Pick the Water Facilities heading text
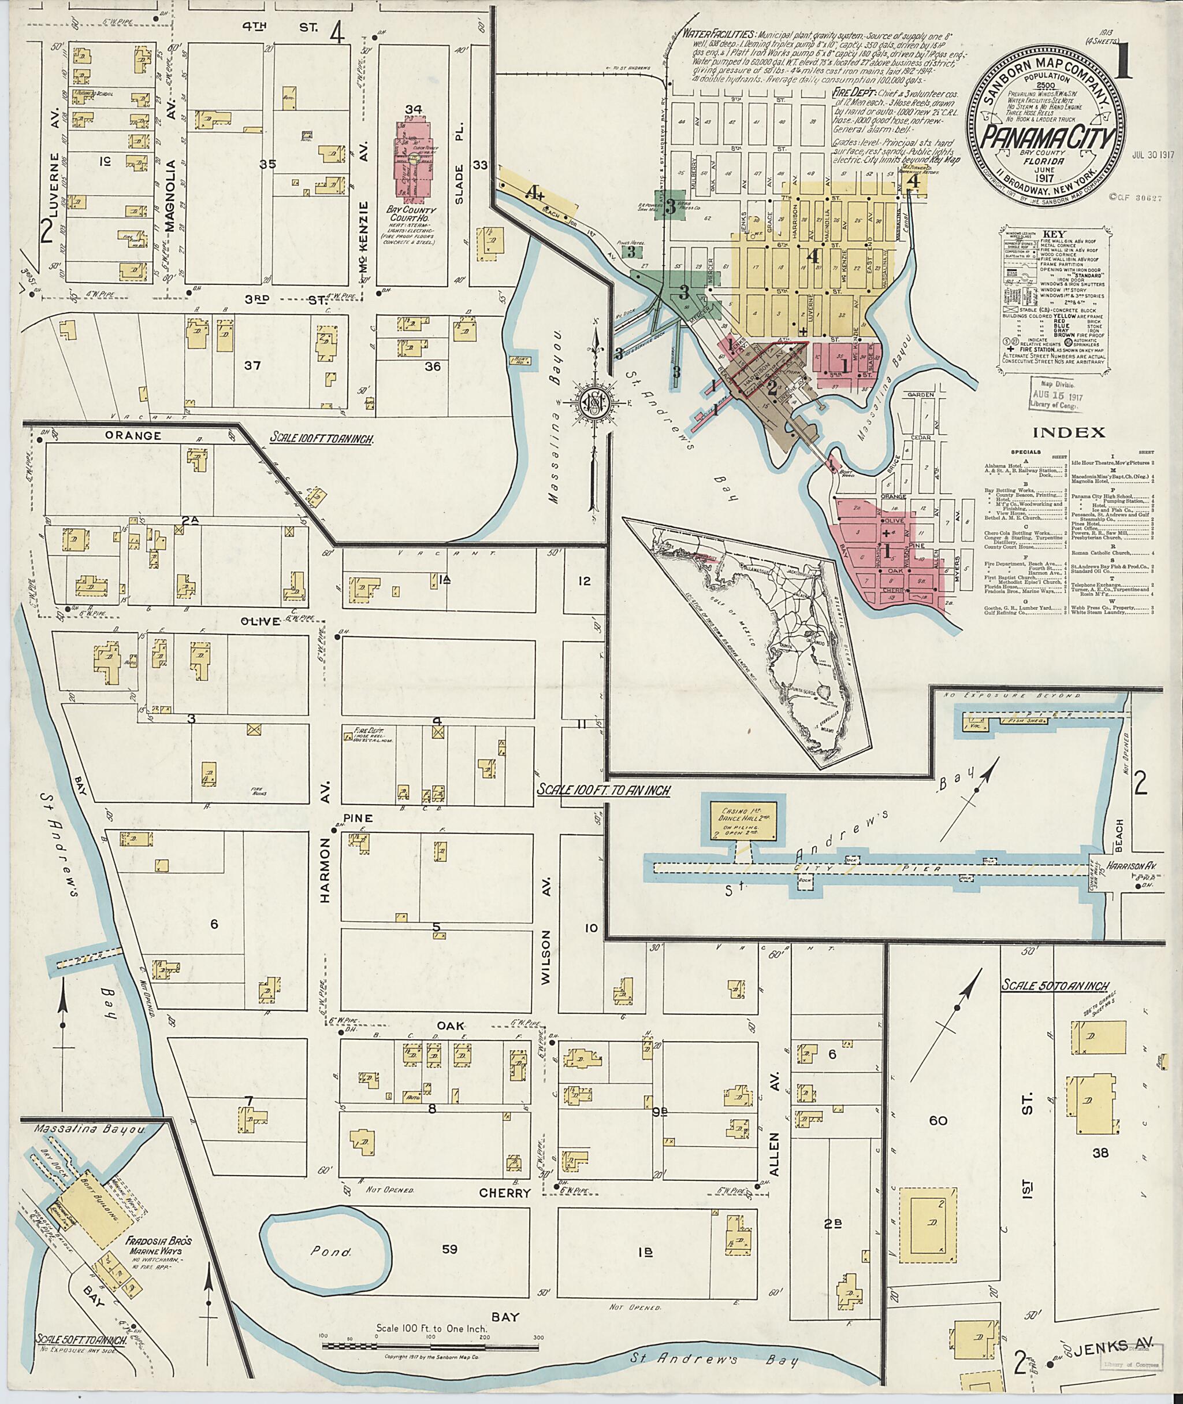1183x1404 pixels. pos(716,34)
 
